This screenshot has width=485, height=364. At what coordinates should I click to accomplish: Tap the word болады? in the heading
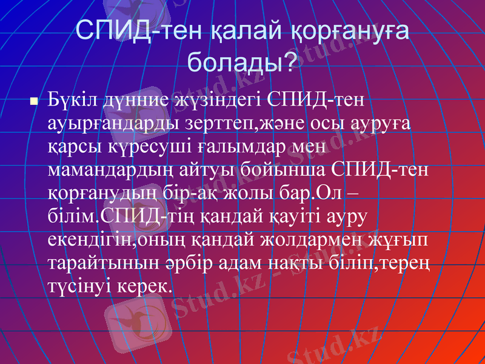[242, 61]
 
